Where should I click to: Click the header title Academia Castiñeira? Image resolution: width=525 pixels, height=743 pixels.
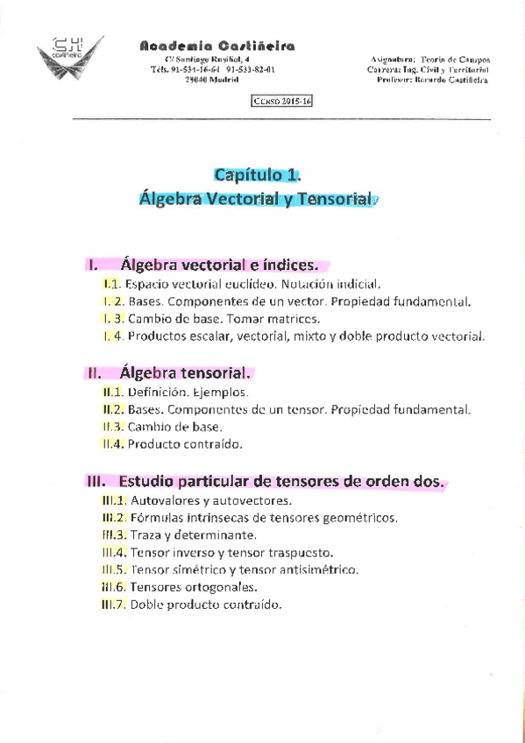pyautogui.click(x=217, y=46)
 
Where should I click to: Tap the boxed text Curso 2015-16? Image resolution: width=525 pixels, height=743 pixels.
pyautogui.click(x=282, y=102)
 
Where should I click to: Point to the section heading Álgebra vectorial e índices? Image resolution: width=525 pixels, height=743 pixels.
pyautogui.click(x=225, y=264)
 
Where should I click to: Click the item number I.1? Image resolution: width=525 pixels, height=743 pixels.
pyautogui.click(x=110, y=284)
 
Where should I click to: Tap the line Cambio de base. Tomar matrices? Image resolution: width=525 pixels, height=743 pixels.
pyautogui.click(x=223, y=318)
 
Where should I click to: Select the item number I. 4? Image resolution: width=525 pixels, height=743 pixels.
pyautogui.click(x=112, y=336)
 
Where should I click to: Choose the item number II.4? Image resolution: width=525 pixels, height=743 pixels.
pyautogui.click(x=112, y=444)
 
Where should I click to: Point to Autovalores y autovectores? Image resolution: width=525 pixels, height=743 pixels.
pyautogui.click(x=210, y=502)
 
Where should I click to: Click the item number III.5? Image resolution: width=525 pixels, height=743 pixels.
pyautogui.click(x=114, y=569)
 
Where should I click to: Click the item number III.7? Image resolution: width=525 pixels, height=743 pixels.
pyautogui.click(x=114, y=604)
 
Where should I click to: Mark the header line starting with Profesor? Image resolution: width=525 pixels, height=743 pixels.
pyautogui.click(x=432, y=80)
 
